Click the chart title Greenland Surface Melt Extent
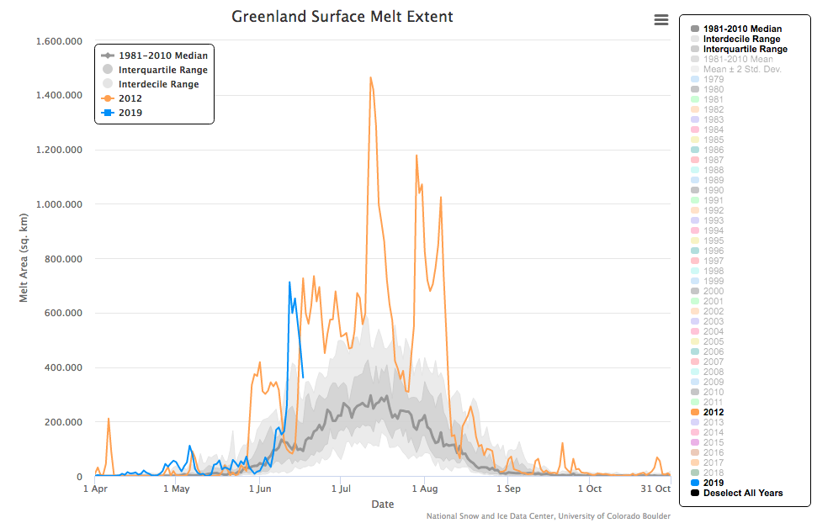[342, 17]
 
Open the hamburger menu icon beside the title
[661, 20]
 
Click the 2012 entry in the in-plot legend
[130, 98]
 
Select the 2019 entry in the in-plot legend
[130, 112]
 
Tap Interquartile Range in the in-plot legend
[162, 70]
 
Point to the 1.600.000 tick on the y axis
[60, 41]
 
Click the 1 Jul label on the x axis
[342, 489]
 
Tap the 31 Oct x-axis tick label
[656, 489]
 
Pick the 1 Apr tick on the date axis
[95, 489]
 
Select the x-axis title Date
[383, 504]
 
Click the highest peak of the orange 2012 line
[370, 77]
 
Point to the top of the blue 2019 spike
[289, 283]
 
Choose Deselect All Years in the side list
[742, 493]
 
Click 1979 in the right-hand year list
[713, 79]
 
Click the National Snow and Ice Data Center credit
[549, 516]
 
